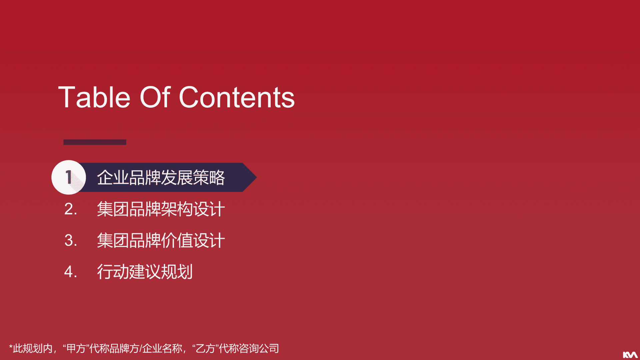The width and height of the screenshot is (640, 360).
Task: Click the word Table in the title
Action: [x=94, y=97]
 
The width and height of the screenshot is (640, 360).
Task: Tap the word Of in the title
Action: [x=155, y=97]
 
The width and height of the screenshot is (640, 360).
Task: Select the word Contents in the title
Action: [x=237, y=97]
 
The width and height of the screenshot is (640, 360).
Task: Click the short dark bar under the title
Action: [x=95, y=142]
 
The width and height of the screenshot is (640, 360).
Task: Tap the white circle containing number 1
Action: [x=69, y=177]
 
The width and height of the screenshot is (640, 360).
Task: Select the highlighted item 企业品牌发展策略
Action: [x=161, y=177]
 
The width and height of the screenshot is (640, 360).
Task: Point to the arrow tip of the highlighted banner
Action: [x=256, y=177]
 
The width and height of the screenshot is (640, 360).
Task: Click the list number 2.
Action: [x=71, y=209]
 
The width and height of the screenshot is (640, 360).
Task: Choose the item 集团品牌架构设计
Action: [x=161, y=209]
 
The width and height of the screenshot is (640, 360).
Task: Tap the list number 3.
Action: [x=71, y=240]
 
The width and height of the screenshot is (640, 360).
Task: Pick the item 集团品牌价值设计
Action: [x=161, y=240]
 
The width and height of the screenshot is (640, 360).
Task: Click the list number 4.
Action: [x=71, y=272]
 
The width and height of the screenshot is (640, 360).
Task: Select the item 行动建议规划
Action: [x=145, y=272]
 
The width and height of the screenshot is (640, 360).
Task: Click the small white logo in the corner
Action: [x=630, y=355]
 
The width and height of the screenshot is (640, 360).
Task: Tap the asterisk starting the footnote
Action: [x=11, y=347]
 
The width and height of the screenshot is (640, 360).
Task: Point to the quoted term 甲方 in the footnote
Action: [x=76, y=349]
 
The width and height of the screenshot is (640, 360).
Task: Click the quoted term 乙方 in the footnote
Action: [x=205, y=349]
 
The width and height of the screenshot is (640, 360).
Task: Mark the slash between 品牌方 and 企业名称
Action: [x=141, y=349]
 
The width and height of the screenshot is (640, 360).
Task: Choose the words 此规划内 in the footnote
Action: [x=33, y=349]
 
